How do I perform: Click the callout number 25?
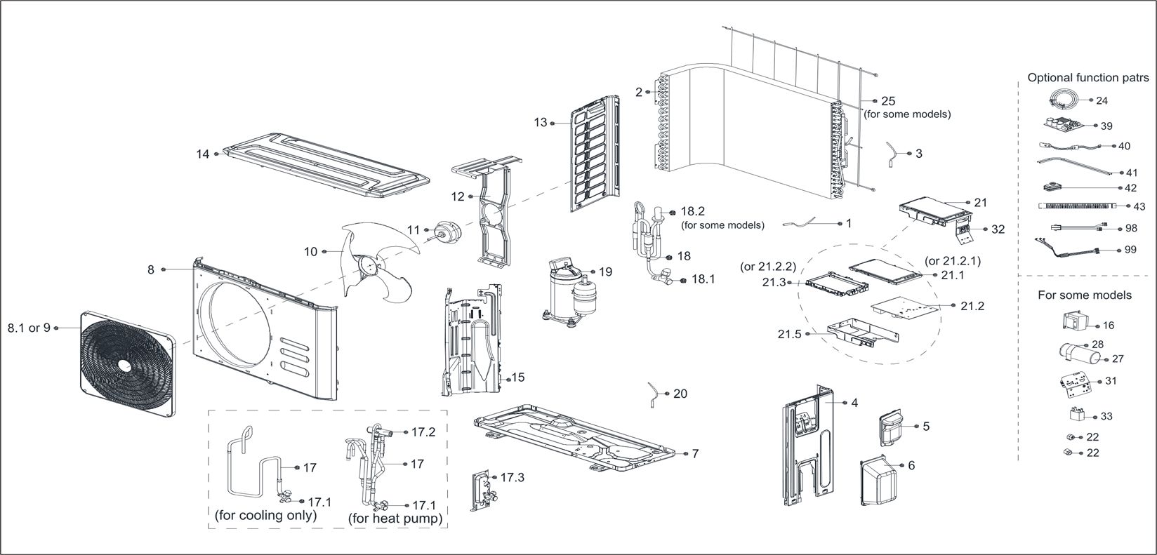click(888, 101)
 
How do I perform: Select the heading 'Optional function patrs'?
click(1088, 77)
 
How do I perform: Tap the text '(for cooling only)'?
click(266, 515)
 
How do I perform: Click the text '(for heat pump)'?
click(396, 519)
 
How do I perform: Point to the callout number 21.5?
click(789, 335)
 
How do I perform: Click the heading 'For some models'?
click(1085, 295)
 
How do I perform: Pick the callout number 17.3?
click(512, 478)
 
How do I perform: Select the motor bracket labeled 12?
click(492, 218)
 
